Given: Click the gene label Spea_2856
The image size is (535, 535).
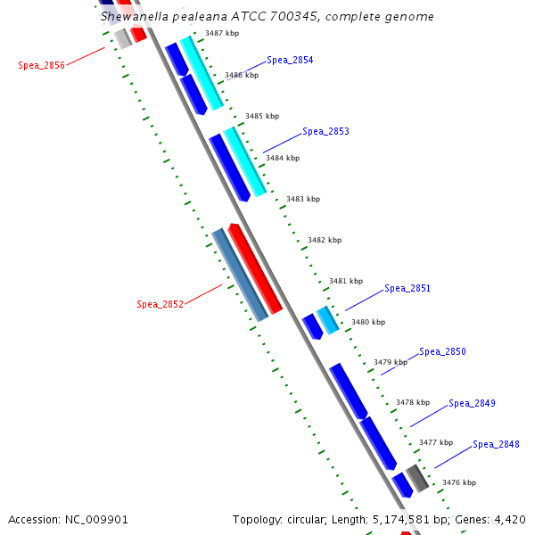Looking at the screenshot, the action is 41,65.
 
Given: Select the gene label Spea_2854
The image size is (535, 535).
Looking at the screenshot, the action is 290,60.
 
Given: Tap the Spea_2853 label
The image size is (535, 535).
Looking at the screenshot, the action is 325,131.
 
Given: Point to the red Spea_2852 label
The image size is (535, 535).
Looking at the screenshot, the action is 160,304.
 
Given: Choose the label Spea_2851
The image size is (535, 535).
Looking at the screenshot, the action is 407,288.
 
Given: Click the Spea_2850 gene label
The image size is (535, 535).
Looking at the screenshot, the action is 442,351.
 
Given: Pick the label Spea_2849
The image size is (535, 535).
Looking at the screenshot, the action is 472,403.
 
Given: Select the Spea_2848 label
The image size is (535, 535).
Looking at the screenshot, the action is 496,444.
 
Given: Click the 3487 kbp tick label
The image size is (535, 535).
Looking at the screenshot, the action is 222,33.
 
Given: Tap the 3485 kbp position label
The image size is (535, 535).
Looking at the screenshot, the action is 262,116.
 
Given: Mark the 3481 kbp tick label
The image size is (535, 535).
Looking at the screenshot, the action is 346,281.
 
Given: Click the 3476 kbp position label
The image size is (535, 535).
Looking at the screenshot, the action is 459,482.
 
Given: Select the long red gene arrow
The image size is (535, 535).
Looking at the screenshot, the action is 255,267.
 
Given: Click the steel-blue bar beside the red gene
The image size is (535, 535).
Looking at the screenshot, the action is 240,275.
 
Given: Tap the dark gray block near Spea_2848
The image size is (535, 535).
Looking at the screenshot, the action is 417,478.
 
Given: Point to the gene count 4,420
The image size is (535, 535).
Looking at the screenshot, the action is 510,519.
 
